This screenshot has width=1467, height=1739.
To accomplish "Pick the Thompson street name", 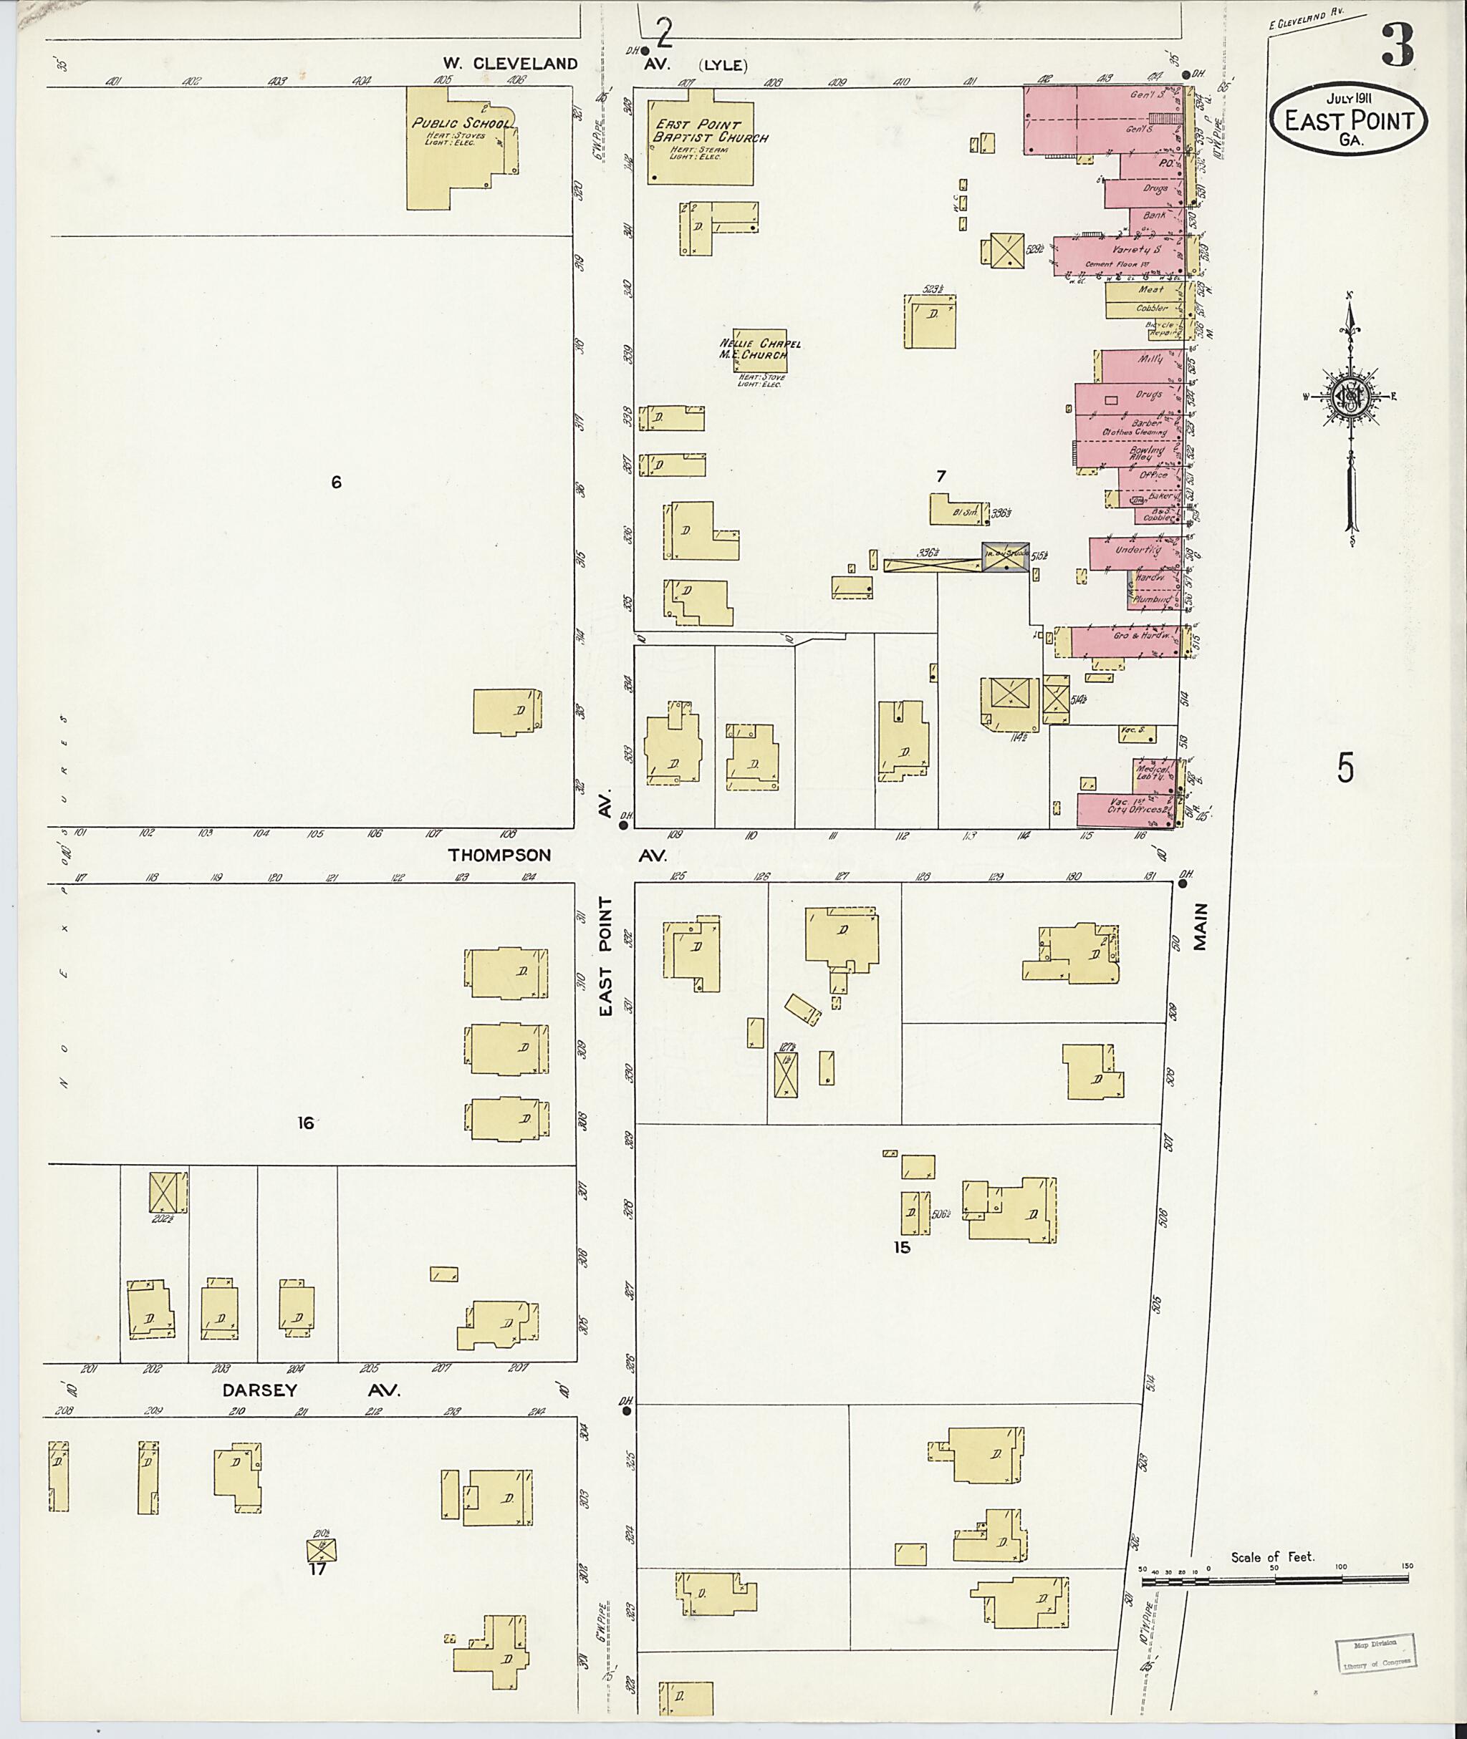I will point(499,855).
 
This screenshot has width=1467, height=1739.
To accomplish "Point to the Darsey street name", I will point(259,1390).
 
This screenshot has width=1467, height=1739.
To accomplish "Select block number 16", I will point(305,1123).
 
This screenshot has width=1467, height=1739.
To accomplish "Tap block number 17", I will point(317,1569).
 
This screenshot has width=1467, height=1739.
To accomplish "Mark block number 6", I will point(336,482).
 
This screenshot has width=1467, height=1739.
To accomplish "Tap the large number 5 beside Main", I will point(1345,767).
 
